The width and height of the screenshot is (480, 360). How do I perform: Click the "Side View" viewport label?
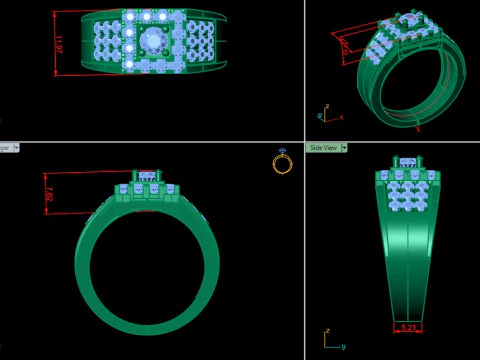[x=323, y=147]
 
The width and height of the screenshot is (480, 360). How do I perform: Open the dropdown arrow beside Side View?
[x=344, y=147]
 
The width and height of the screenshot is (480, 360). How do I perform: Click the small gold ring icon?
[x=282, y=163]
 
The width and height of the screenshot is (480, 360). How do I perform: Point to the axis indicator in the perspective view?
[x=323, y=112]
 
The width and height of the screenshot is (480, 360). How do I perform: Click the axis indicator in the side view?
[x=328, y=340]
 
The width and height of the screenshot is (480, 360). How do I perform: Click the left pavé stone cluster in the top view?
[x=106, y=43]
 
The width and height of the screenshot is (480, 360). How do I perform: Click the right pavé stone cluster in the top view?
[x=199, y=43]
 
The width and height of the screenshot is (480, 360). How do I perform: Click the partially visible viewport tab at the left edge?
[x=5, y=147]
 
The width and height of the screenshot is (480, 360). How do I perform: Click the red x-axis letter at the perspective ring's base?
[x=417, y=129]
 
